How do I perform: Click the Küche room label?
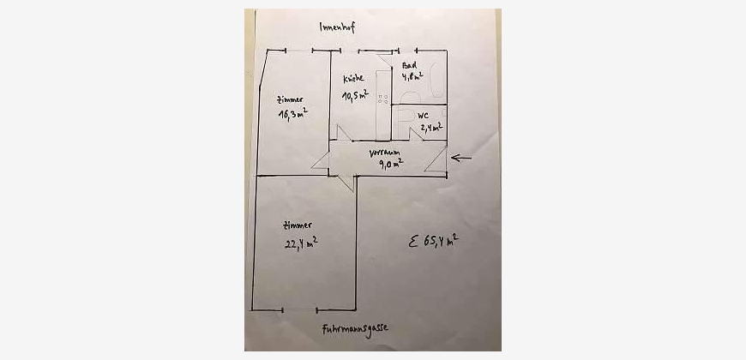[x=354, y=78]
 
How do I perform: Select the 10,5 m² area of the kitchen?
[x=356, y=95]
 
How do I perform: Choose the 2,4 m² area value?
[x=431, y=128]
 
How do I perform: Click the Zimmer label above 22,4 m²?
[x=297, y=224]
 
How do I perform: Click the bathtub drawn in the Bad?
[x=436, y=81]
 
